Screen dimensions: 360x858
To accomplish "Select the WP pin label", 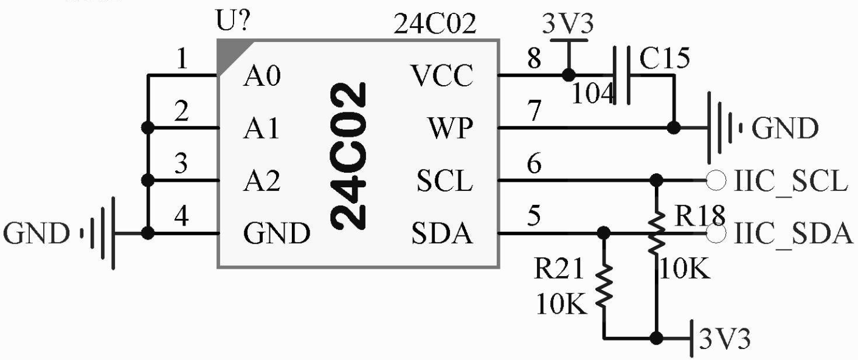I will (x=449, y=130).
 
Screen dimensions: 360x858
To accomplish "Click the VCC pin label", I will (x=442, y=77).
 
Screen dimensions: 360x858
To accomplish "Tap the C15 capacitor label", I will (x=665, y=58).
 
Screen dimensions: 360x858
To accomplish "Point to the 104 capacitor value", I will (x=594, y=94).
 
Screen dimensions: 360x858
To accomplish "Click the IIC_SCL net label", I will (x=790, y=182).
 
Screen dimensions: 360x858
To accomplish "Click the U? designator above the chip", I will (x=234, y=22).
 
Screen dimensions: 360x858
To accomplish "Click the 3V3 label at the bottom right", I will (x=724, y=339).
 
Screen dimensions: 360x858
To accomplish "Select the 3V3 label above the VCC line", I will (x=569, y=26).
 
